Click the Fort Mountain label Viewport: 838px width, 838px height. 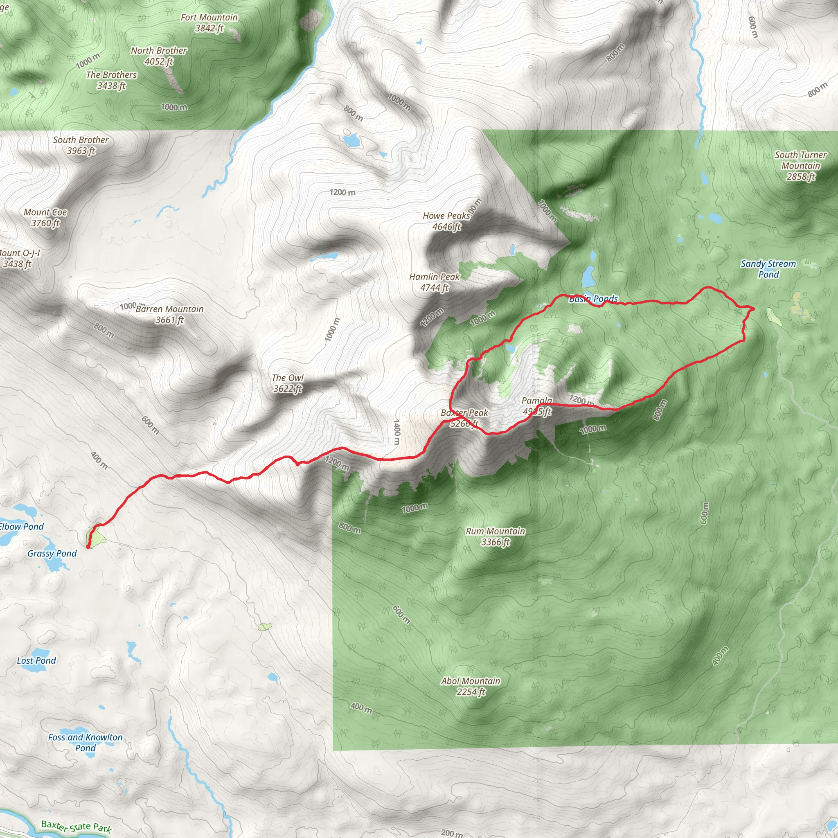pos(209,23)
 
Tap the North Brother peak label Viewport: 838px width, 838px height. pos(159,56)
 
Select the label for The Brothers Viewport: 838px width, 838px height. pos(111,80)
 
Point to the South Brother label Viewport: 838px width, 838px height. pos(81,145)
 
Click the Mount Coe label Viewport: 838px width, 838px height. pos(45,217)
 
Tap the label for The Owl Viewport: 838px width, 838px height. pos(288,383)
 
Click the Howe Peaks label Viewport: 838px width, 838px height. pos(446,221)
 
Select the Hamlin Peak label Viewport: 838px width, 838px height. pos(434,282)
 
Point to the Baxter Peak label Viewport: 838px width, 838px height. pos(464,418)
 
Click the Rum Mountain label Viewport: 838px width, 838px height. pos(496,536)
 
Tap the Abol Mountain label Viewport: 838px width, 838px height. pos(471,686)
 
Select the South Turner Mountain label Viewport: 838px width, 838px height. pos(801,166)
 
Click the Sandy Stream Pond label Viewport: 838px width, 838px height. pos(768,269)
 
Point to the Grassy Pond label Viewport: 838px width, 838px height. pos(52,554)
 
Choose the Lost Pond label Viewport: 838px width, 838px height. pos(36,660)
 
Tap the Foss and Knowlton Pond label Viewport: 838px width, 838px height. pos(86,743)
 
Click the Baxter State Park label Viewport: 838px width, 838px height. pos(77,827)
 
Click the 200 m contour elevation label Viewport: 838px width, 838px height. pos(452,833)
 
